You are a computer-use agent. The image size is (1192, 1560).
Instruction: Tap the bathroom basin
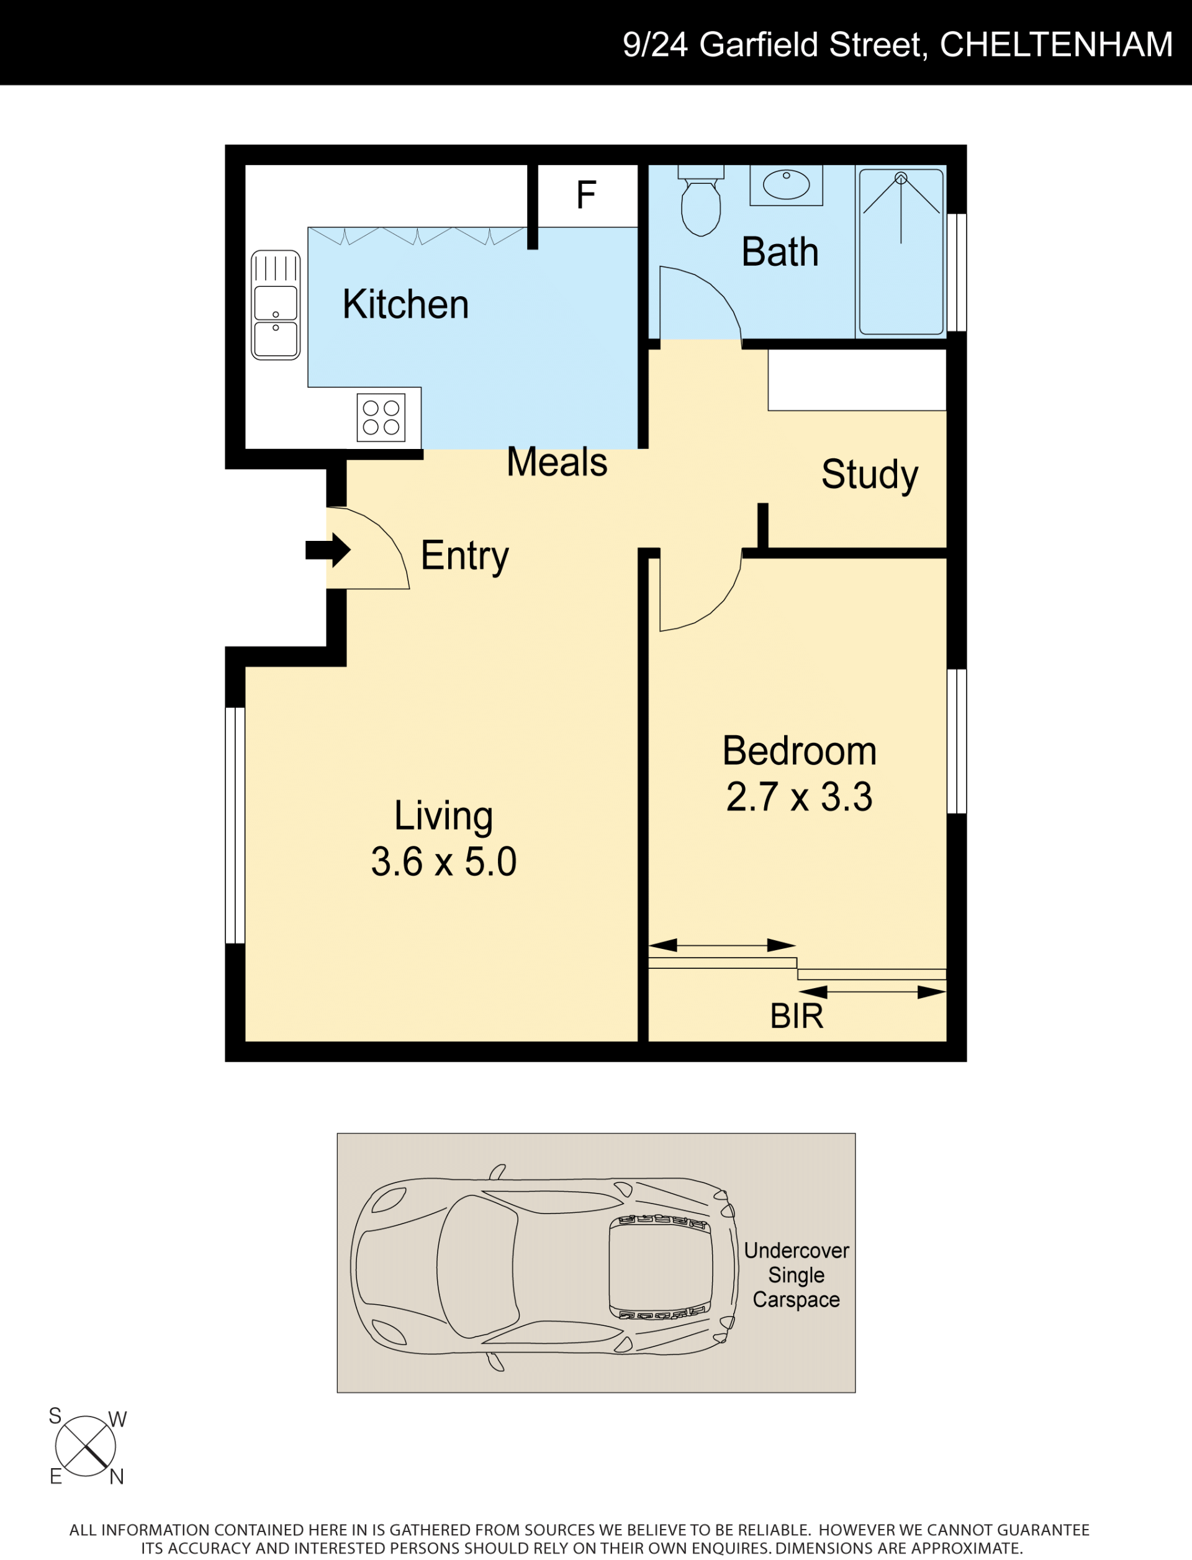(786, 185)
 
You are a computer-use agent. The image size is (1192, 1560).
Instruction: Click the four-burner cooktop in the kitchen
(381, 417)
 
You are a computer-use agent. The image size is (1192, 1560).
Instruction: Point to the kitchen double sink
(276, 305)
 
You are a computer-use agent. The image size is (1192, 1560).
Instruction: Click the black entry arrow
(328, 550)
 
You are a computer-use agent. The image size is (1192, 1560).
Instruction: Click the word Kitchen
(406, 304)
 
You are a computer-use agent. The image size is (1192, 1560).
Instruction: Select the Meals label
(557, 462)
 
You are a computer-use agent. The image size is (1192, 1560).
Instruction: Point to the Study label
(870, 475)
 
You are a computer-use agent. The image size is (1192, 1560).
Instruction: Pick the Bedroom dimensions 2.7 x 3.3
(800, 796)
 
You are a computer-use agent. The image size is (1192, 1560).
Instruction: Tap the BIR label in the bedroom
(797, 1017)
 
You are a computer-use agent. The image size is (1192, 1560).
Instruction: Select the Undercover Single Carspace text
(796, 1275)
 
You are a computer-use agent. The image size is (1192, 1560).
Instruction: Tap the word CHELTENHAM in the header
(1056, 45)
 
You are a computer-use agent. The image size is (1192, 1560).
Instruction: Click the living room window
(235, 825)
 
